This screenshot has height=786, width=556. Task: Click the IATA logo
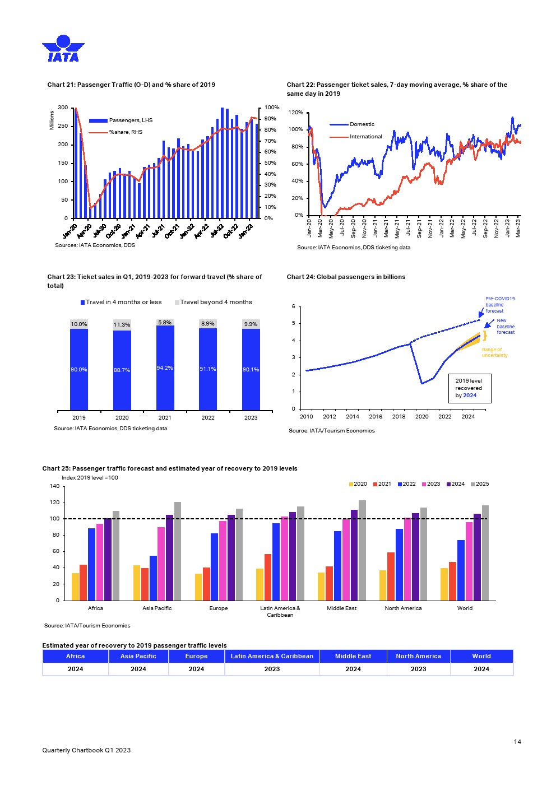pyautogui.click(x=63, y=48)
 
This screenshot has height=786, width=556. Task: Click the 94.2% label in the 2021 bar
pyautogui.click(x=165, y=368)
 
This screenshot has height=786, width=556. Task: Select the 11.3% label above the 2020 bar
pyautogui.click(x=122, y=325)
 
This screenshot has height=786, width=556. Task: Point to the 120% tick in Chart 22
pyautogui.click(x=295, y=113)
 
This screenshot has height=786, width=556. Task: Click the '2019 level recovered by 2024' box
pyautogui.click(x=469, y=388)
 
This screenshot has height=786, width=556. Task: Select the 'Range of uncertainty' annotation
pyautogui.click(x=494, y=352)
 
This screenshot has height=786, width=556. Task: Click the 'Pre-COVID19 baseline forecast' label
pyautogui.click(x=499, y=305)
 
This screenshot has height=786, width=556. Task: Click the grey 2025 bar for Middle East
pyautogui.click(x=362, y=550)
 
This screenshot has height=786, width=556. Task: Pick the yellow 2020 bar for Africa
pyautogui.click(x=75, y=587)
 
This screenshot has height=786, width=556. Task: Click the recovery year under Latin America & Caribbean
pyautogui.click(x=272, y=669)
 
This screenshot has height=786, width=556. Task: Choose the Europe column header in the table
pyautogui.click(x=196, y=656)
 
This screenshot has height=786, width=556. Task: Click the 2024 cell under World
pyautogui.click(x=481, y=669)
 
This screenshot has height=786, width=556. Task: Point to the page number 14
pyautogui.click(x=517, y=742)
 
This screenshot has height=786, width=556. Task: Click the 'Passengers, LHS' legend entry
pyautogui.click(x=131, y=120)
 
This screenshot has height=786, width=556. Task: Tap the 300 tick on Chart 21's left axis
pyautogui.click(x=63, y=108)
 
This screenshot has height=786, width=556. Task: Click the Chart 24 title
pyautogui.click(x=346, y=277)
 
